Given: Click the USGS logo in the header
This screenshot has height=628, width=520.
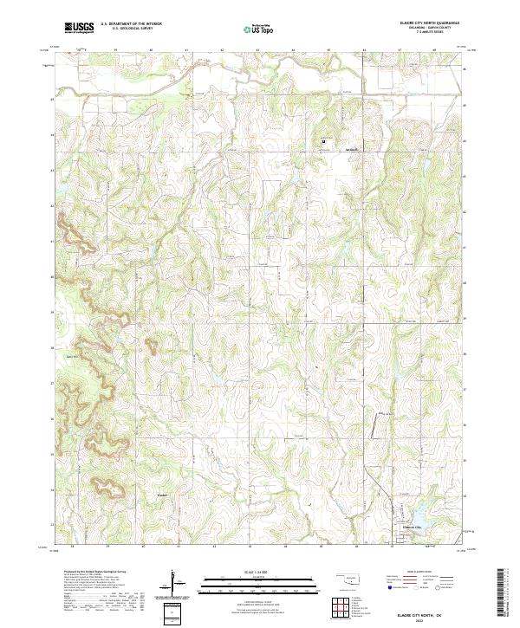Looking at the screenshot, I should pyautogui.click(x=79, y=28).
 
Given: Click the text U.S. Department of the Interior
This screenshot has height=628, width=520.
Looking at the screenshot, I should pyautogui.click(x=130, y=25).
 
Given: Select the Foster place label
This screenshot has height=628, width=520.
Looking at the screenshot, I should pyautogui.click(x=161, y=495).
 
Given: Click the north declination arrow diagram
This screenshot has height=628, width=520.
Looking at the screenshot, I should pyautogui.click(x=176, y=583).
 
